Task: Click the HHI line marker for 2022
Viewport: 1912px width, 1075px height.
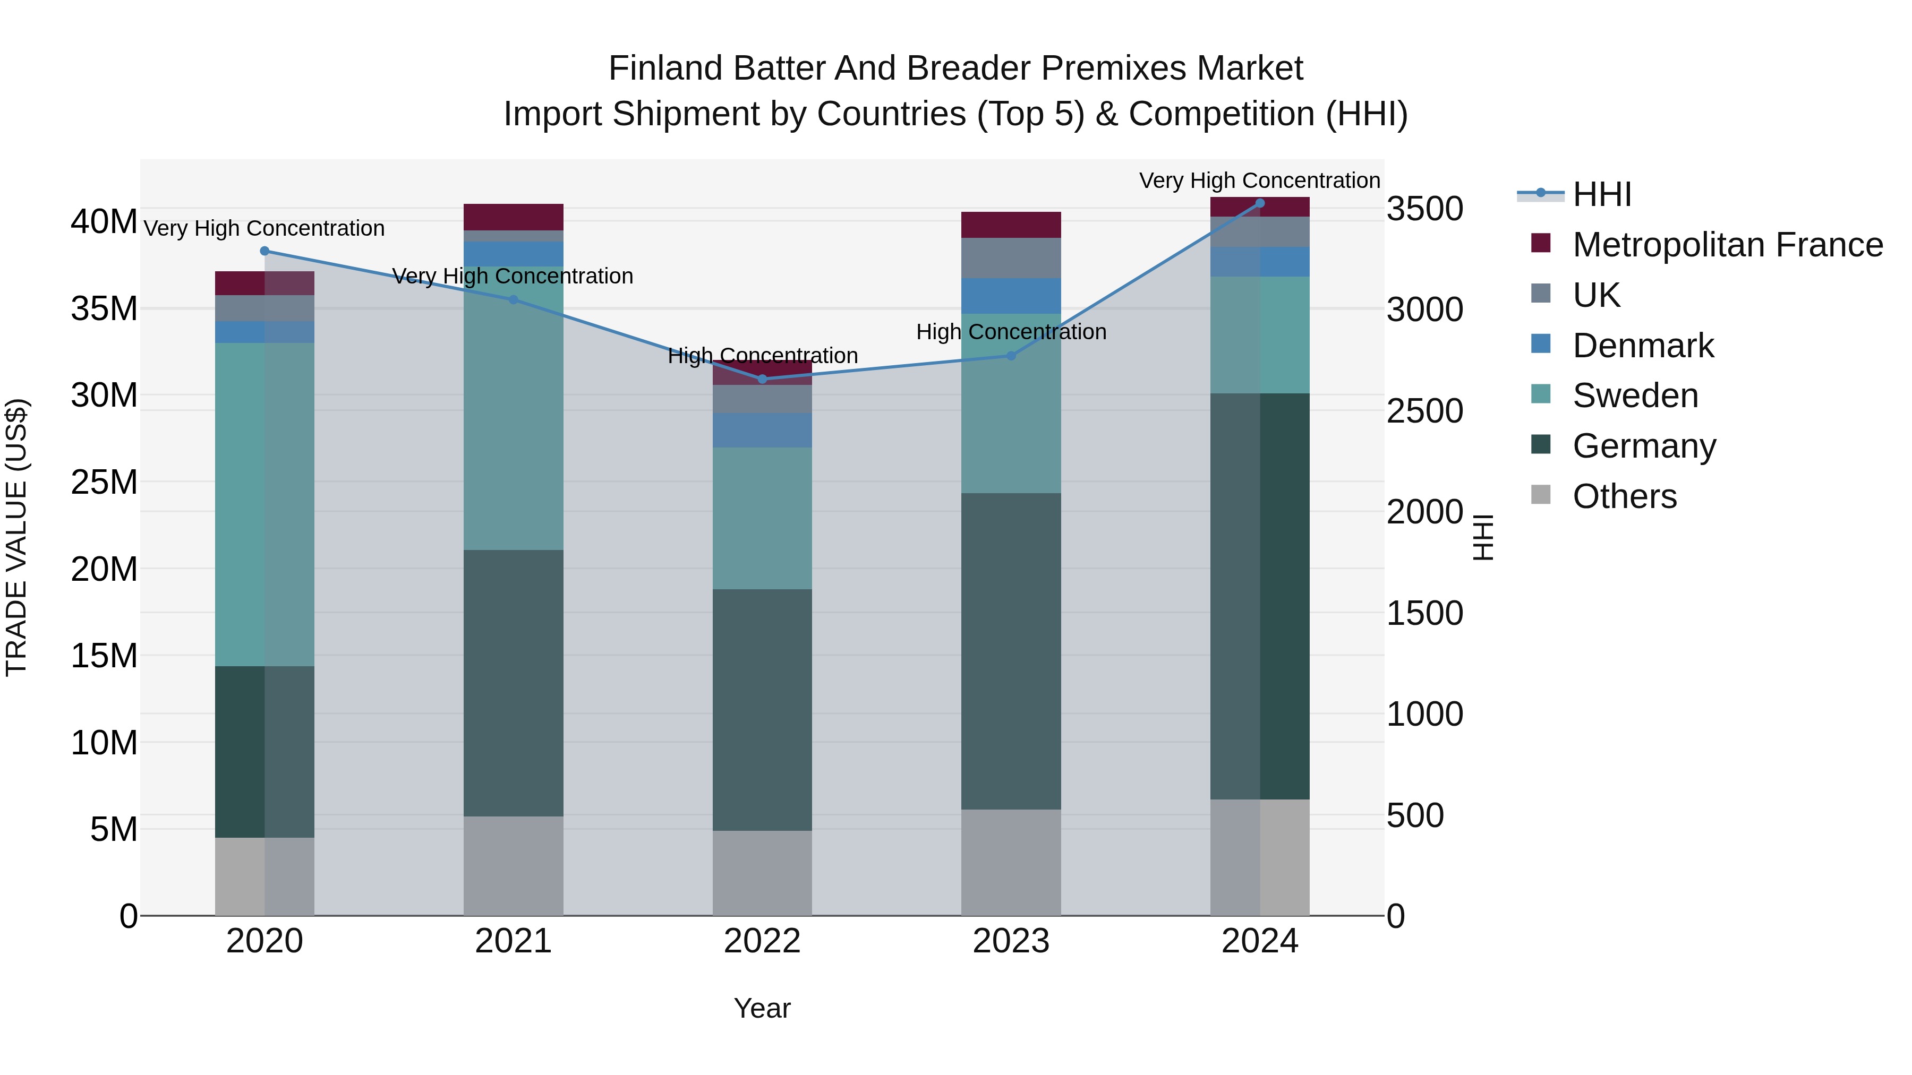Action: [x=762, y=379]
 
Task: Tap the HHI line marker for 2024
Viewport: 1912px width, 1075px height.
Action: [x=1260, y=203]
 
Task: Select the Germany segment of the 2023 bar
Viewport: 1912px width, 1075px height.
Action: [x=1011, y=651]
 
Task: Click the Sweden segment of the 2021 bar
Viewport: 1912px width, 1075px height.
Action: [x=514, y=408]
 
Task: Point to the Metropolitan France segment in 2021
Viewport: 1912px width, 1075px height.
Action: [x=514, y=217]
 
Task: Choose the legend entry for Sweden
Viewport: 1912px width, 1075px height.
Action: [x=1635, y=395]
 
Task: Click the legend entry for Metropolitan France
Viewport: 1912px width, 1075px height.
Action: [x=1727, y=245]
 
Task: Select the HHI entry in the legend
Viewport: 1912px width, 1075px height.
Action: [x=1602, y=194]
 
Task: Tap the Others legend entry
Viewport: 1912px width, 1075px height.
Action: [x=1624, y=496]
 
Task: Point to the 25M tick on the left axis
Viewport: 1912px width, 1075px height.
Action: [x=104, y=482]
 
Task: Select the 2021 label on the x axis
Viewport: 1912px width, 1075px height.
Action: [x=514, y=941]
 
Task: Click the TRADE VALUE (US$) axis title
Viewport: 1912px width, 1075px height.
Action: [x=16, y=537]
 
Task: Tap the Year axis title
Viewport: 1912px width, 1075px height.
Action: [x=762, y=1008]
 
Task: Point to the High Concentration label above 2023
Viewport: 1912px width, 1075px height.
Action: [x=1011, y=332]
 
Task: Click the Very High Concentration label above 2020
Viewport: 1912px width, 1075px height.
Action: [x=264, y=228]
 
